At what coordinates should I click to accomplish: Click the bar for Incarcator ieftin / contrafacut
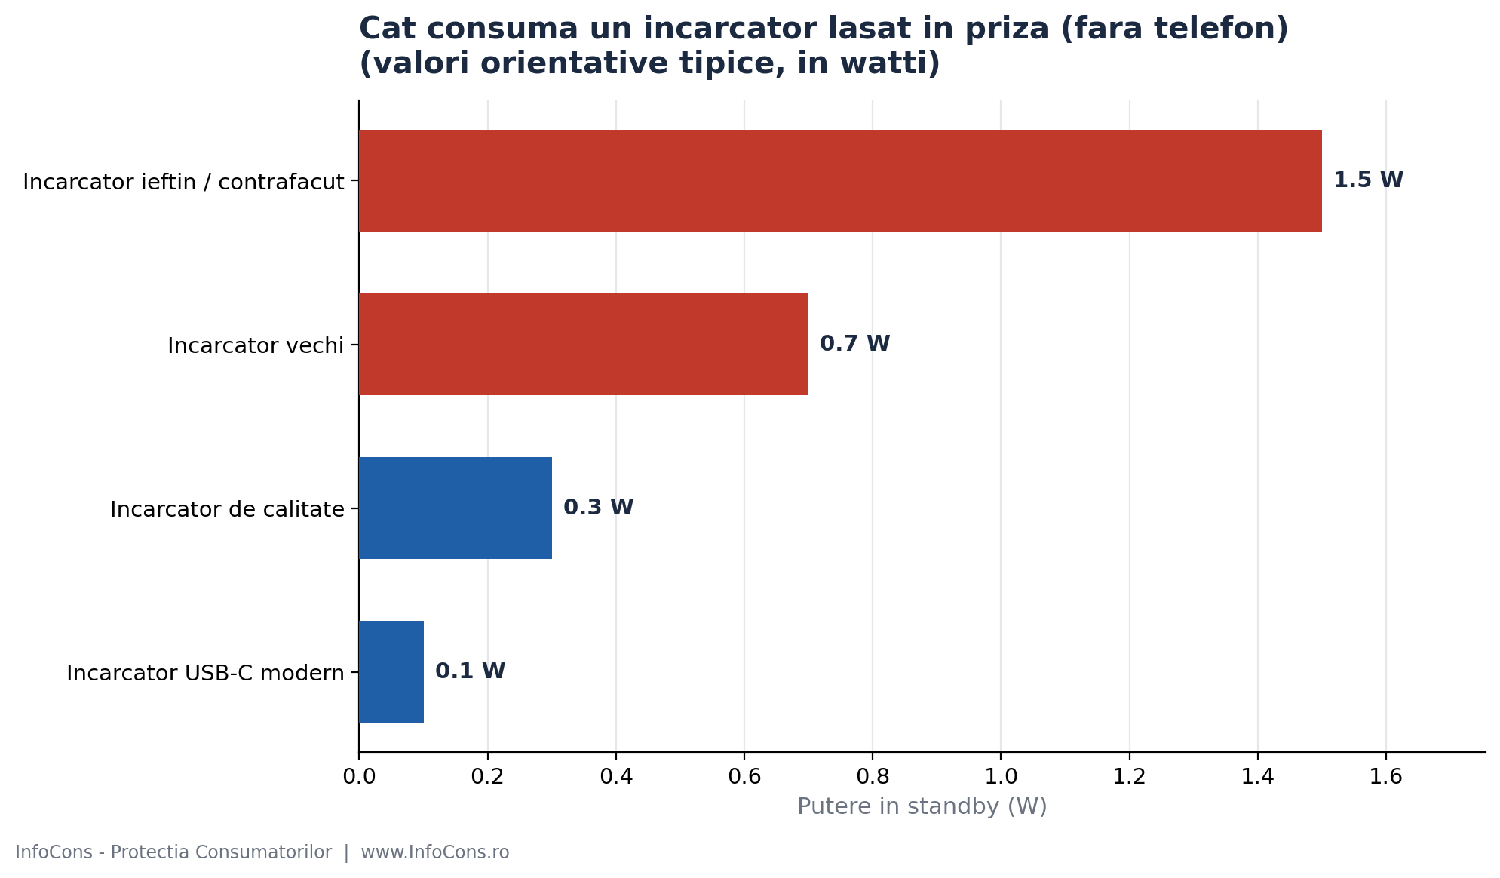(x=840, y=181)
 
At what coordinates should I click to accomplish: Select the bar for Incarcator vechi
(x=584, y=344)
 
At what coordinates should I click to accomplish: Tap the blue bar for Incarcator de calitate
(x=456, y=508)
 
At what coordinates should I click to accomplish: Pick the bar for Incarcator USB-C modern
(x=391, y=671)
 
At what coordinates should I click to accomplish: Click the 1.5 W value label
(x=1368, y=180)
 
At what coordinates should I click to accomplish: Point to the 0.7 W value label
(x=854, y=344)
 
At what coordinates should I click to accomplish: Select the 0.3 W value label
(x=598, y=508)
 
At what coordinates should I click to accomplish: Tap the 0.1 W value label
(x=470, y=671)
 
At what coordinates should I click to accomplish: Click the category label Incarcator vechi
(x=256, y=345)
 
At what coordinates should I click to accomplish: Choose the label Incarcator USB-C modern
(x=205, y=673)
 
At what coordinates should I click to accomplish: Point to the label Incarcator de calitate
(x=227, y=509)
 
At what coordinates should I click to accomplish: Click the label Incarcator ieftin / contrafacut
(x=183, y=182)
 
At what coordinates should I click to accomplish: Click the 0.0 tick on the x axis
(x=359, y=776)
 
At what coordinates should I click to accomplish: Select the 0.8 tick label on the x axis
(x=873, y=776)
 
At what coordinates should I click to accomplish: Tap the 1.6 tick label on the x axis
(x=1386, y=776)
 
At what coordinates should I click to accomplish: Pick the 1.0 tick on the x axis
(x=1001, y=776)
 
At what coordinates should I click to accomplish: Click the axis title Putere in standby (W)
(x=922, y=806)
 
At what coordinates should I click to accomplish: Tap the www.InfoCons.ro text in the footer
(x=435, y=852)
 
